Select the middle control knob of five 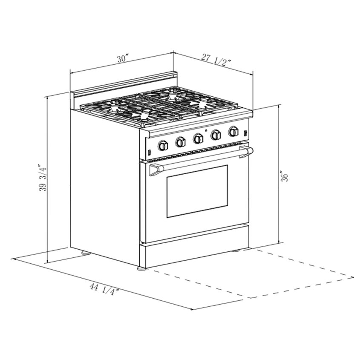pos(198,138)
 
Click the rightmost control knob pos(233,131)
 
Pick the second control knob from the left pos(181,142)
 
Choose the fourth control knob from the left pos(216,135)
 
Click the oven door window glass pos(197,190)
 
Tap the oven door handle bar pos(200,160)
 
